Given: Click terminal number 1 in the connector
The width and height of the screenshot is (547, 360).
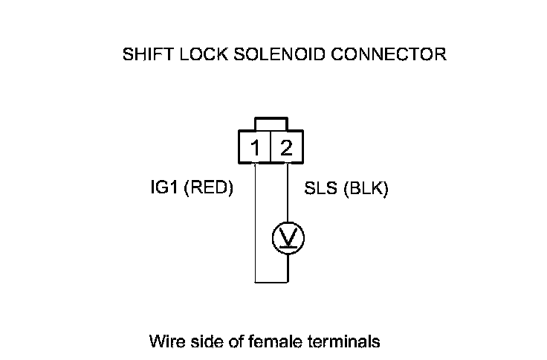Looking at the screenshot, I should (256, 149).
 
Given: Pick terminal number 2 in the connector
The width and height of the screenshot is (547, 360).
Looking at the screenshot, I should (286, 149).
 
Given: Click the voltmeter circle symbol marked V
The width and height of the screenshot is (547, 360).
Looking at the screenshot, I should (288, 237).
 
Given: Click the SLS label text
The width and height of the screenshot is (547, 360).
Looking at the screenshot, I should (320, 190).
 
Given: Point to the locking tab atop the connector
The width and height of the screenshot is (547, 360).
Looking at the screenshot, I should (271, 123).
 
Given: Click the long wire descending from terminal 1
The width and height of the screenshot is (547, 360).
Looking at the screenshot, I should (255, 223).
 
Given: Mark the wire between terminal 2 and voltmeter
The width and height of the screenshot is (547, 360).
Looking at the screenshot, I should (288, 193).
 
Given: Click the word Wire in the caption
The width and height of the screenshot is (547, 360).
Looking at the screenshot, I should (164, 342).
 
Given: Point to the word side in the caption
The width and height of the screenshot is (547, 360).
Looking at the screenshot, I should (201, 342).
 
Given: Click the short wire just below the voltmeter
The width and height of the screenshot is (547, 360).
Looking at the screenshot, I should (288, 268).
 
